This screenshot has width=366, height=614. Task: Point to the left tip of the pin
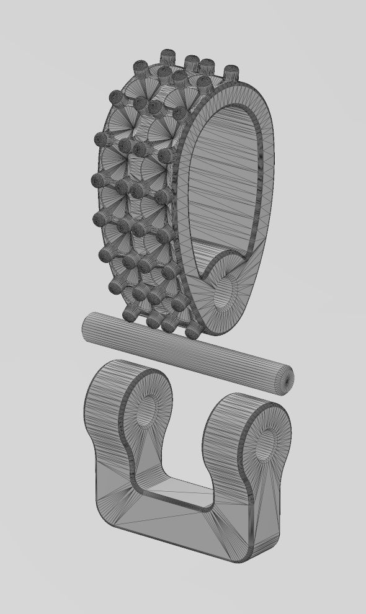pos(85,327)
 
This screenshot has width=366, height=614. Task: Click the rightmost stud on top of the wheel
pos(231,72)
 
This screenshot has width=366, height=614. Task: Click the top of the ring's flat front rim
pos(242,90)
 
